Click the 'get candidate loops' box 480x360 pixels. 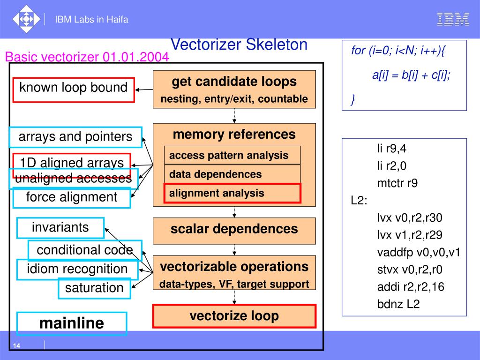coord(234,89)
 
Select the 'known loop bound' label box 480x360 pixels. coord(74,89)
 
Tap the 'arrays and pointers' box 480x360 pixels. coord(75,137)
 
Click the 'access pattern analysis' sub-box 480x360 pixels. coord(232,155)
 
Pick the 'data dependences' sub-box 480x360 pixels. coord(232,174)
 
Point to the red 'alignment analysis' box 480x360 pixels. coord(232,193)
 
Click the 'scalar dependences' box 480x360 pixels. coord(234,230)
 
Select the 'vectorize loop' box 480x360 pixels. coord(234,316)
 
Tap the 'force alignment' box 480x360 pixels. coord(72,197)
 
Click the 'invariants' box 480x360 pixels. coord(60,228)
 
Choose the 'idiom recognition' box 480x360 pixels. coord(77,270)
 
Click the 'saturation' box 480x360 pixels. coord(94,288)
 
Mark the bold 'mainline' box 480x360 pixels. coord(72,323)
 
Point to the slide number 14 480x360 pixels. coord(16,346)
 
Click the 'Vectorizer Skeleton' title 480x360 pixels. coord(239,45)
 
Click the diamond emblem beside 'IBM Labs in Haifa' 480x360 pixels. coord(26,20)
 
